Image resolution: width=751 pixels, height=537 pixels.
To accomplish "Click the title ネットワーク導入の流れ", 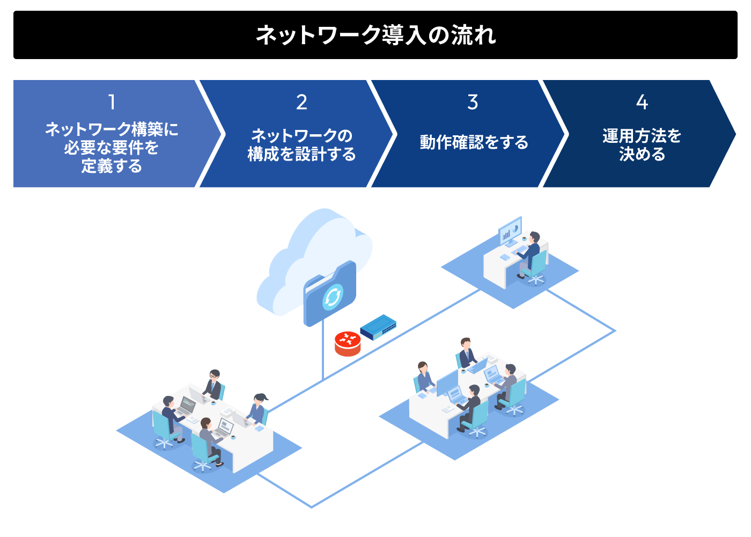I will click(376, 35).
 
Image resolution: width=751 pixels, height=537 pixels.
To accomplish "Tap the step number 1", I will click(112, 102).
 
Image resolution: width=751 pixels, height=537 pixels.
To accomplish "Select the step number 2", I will click(301, 102).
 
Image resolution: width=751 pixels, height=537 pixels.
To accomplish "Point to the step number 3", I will click(473, 102).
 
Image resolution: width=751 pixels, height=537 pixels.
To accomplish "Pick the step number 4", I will click(642, 102).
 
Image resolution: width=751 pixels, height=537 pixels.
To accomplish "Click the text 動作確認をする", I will click(474, 142).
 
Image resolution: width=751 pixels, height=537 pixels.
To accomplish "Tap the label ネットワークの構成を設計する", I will click(301, 145).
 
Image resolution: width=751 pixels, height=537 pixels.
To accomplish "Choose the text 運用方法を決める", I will click(642, 145).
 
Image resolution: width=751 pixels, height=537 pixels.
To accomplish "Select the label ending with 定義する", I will click(112, 148).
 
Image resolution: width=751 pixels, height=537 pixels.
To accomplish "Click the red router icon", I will click(348, 344).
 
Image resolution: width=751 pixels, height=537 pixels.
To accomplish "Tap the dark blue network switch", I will click(378, 326).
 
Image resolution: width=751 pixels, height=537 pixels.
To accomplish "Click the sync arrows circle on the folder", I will click(333, 296).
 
